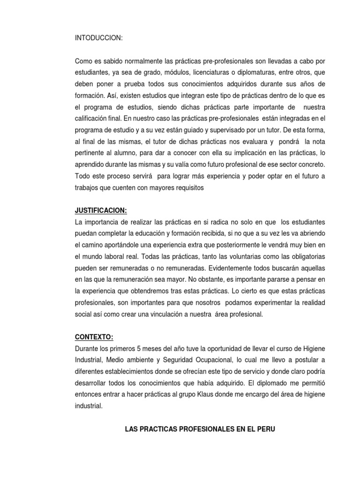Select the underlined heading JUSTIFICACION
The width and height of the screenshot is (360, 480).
101,211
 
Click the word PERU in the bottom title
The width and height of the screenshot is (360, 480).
265,428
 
